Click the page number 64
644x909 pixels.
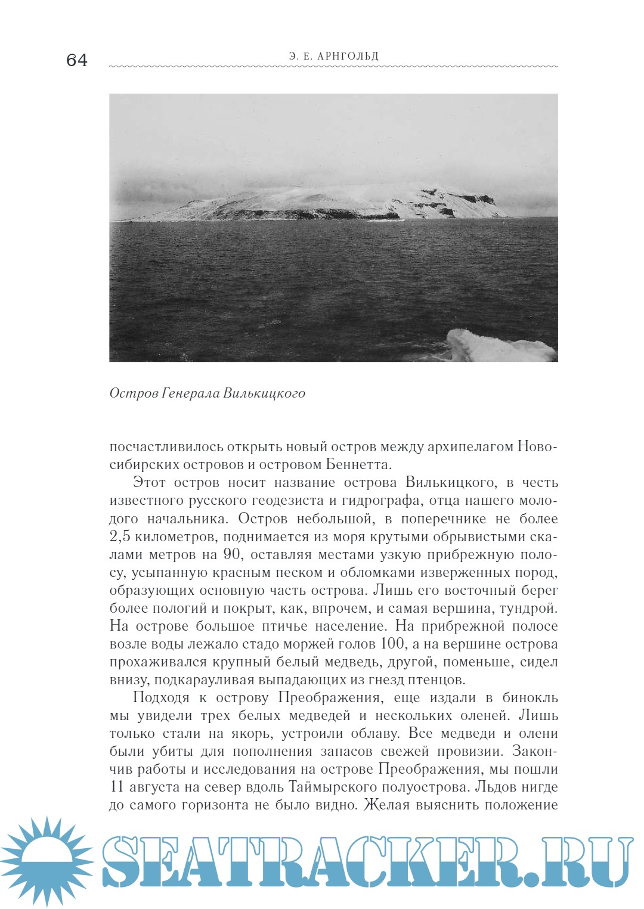[77, 60]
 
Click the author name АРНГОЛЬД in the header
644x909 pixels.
[348, 57]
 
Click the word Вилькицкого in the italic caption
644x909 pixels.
[264, 393]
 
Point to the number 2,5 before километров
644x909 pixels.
[120, 536]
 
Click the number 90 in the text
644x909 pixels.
[232, 554]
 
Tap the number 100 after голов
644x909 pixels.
[394, 644]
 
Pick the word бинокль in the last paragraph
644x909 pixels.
[530, 697]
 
